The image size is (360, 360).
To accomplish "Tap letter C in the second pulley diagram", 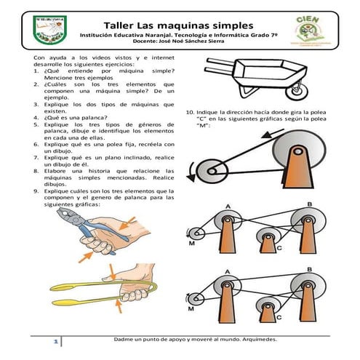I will click(x=279, y=248).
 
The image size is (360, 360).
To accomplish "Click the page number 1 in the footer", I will click(x=53, y=341).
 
